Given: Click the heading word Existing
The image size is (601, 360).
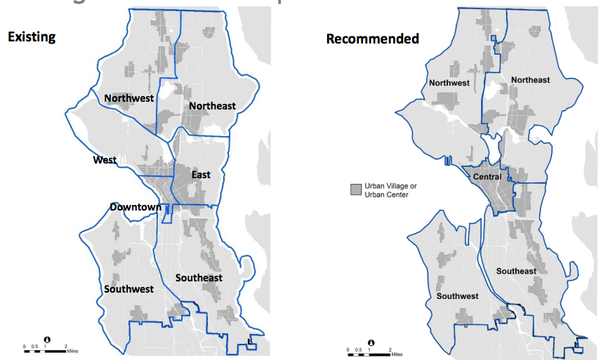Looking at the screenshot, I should (x=32, y=36).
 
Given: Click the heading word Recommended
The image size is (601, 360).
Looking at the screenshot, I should (x=372, y=38).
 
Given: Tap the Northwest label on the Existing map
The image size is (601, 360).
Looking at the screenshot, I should (x=128, y=98).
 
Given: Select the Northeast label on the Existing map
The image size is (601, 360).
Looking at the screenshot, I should (x=212, y=106).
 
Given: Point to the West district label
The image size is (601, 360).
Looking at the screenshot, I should (x=105, y=160).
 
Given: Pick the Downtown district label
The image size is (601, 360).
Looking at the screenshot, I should (x=135, y=207).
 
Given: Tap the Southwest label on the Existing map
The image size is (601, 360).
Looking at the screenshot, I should (x=128, y=289).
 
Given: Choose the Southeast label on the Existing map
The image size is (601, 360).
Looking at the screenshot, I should (x=199, y=278).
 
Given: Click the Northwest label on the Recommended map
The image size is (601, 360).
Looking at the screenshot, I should (x=449, y=83).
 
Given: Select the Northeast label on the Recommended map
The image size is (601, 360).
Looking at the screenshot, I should (x=530, y=80).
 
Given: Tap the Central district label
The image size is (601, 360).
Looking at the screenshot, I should (x=488, y=177).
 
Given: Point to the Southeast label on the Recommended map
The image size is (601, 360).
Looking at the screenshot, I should (x=516, y=271).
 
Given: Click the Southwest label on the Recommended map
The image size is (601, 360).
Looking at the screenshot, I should (x=457, y=296).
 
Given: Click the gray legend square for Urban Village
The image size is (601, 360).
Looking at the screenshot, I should (x=357, y=189).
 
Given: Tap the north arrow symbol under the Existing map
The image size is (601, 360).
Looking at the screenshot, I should (x=46, y=339).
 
